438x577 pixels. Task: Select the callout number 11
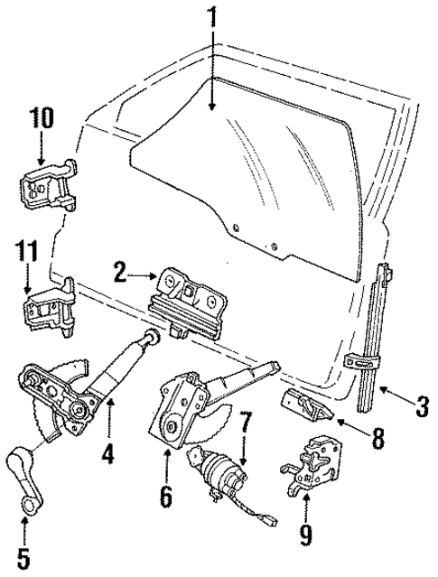pos(30,249)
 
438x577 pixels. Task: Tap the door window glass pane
pos(253,172)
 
